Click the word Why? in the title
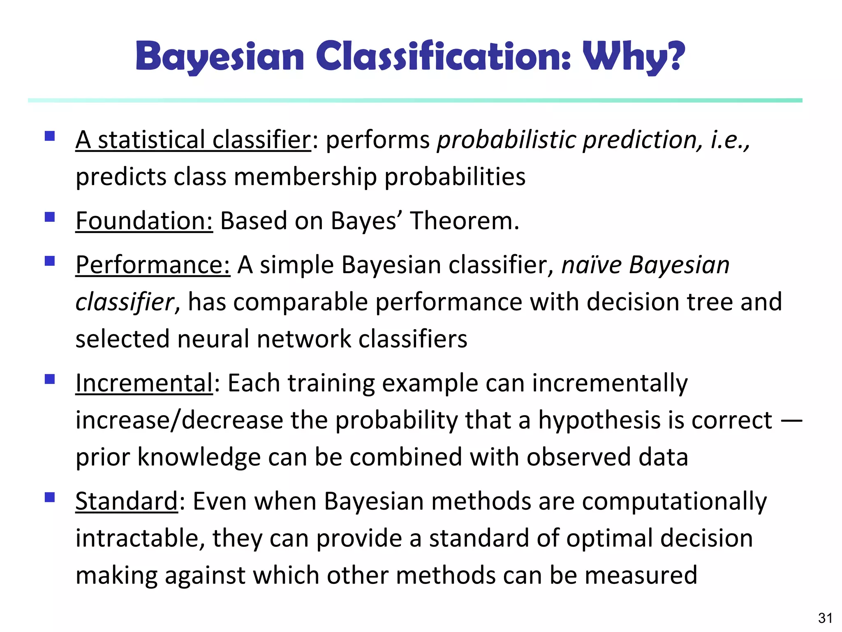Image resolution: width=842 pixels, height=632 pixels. pyautogui.click(x=634, y=57)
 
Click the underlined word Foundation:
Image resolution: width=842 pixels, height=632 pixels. pyautogui.click(x=144, y=221)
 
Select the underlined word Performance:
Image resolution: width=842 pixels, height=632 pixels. pyautogui.click(x=153, y=265)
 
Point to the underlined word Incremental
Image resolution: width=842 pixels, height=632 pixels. pyautogui.click(x=144, y=383)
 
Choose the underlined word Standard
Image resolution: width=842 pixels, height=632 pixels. pyautogui.click(x=126, y=501)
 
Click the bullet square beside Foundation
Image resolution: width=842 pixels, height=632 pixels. pyautogui.click(x=50, y=217)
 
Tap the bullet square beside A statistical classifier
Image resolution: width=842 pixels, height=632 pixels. pyautogui.click(x=50, y=136)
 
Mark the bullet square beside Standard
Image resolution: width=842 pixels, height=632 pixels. pyautogui.click(x=50, y=497)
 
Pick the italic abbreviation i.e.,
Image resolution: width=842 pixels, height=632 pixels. pyautogui.click(x=730, y=140)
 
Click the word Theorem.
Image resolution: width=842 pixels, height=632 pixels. pyautogui.click(x=465, y=221)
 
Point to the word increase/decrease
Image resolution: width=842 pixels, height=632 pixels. pyautogui.click(x=179, y=421)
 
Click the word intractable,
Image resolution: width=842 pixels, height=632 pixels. pyautogui.click(x=140, y=538)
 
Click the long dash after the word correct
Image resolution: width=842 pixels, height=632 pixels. pyautogui.click(x=791, y=421)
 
